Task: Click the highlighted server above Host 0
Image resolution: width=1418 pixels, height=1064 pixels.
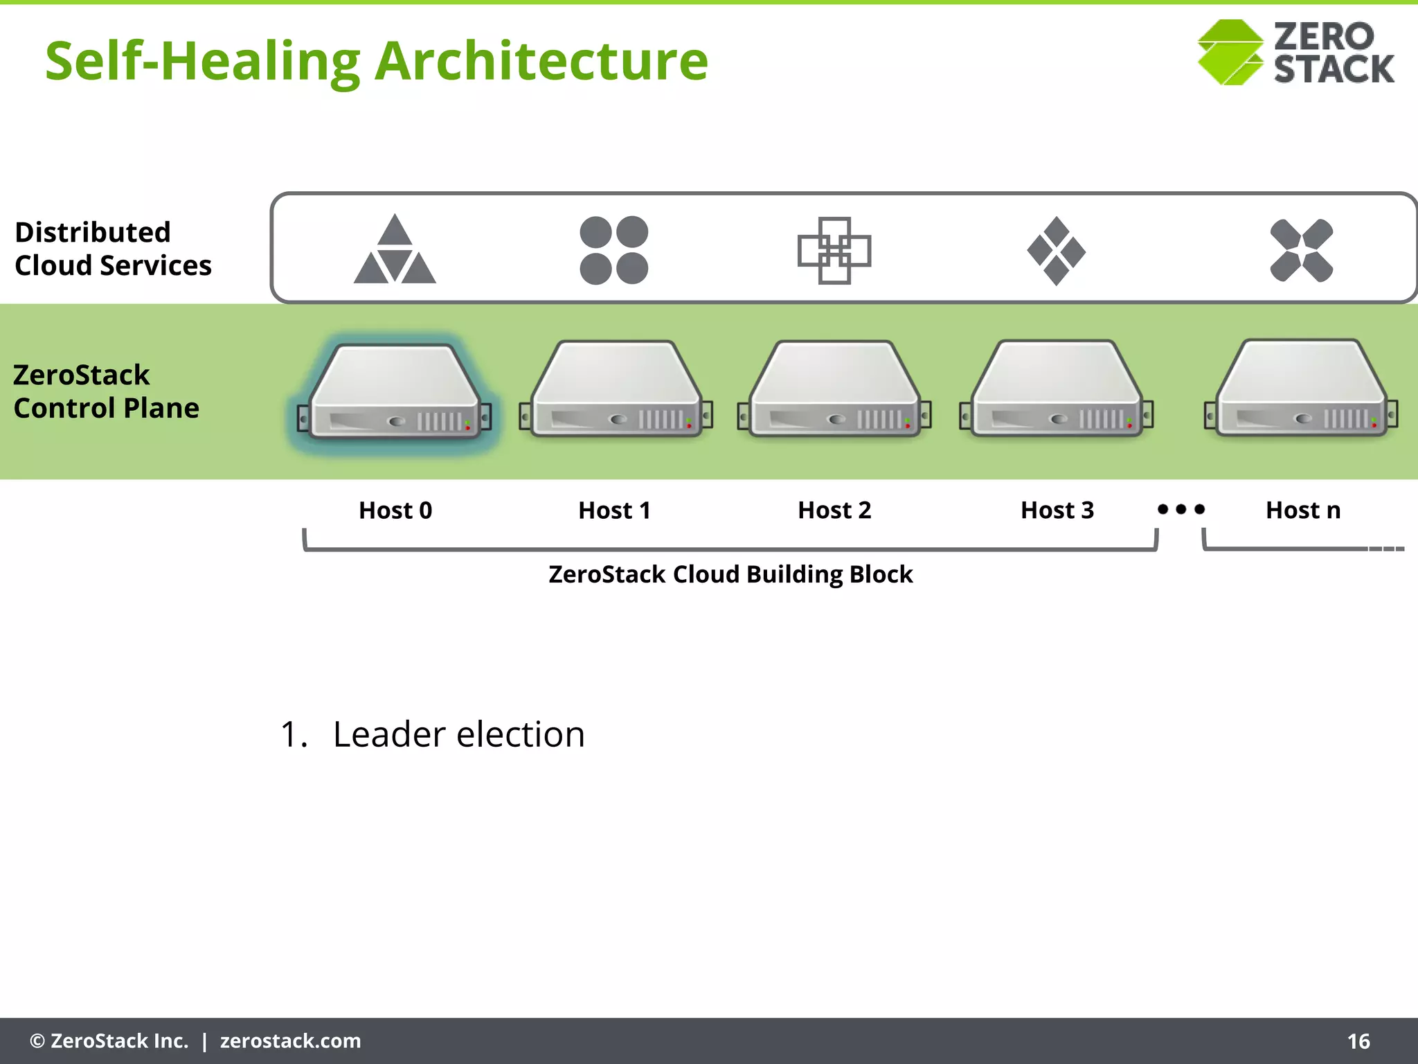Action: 395,391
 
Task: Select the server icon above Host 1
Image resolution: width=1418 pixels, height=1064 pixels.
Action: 616,390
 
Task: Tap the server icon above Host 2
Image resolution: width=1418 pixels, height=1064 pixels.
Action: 835,390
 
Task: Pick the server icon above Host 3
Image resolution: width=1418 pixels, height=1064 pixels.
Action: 1057,390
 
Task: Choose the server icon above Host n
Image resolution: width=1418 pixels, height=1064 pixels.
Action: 1302,389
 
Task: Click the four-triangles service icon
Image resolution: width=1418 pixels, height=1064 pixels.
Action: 395,250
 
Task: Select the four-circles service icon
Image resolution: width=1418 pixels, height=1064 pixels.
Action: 614,250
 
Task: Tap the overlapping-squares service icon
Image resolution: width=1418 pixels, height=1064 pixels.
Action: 834,250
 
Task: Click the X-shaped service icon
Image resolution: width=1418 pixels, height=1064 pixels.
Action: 1302,250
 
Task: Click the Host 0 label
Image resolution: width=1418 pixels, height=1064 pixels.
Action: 395,511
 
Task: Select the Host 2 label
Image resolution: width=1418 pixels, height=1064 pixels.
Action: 834,511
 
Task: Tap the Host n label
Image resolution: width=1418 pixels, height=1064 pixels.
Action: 1303,511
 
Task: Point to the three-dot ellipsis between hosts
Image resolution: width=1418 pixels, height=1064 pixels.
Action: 1181,509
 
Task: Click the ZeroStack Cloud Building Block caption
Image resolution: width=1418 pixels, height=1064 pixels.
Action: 730,574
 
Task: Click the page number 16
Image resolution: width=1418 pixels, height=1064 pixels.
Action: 1358,1041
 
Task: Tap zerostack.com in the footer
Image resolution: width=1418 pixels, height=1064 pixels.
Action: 290,1041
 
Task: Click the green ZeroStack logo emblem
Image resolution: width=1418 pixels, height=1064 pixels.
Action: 1230,53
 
